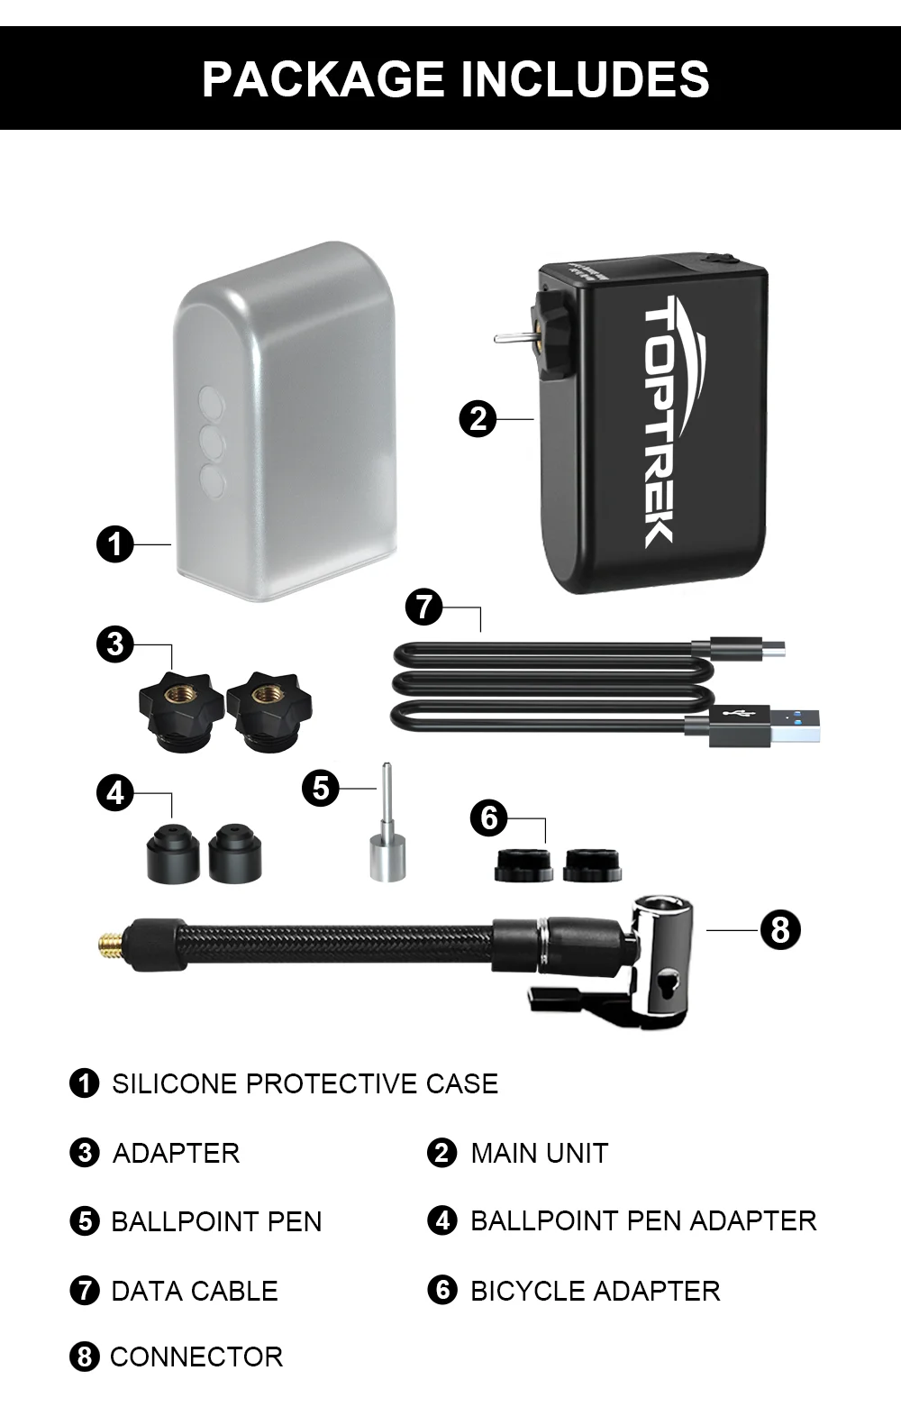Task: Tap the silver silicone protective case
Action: [x=285, y=421]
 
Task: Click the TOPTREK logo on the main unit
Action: [x=660, y=422]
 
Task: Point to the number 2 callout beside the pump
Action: [x=478, y=419]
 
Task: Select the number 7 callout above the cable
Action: [x=423, y=607]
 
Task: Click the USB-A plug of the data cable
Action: [x=765, y=726]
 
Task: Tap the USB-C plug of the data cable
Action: [x=747, y=648]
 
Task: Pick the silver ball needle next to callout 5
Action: [x=387, y=822]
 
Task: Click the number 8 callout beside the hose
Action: [x=780, y=929]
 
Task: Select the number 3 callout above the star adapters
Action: [x=115, y=644]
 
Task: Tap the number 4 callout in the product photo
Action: [x=115, y=793]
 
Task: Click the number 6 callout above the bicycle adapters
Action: [x=489, y=818]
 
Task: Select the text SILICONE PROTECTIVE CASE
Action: [x=305, y=1084]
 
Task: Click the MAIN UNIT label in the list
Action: [x=540, y=1153]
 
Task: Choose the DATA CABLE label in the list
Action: [x=195, y=1292]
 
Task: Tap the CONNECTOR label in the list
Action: [x=196, y=1357]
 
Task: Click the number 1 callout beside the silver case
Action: [x=115, y=544]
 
